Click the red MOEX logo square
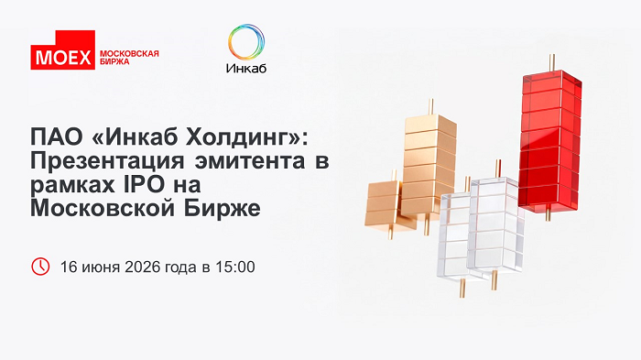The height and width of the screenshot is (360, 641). point(63,49)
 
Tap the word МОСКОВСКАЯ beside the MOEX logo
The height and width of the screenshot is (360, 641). point(129,54)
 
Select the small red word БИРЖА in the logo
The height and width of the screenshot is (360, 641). point(114,61)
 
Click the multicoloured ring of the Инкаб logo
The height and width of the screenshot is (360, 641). point(246,42)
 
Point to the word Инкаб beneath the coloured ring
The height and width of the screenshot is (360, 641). point(246,68)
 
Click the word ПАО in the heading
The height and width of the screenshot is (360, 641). point(57,137)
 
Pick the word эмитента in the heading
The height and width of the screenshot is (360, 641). point(249,161)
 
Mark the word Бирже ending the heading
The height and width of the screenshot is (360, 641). point(222,209)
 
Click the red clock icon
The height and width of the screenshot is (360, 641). point(40,267)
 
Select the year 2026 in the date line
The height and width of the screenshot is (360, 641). point(142,267)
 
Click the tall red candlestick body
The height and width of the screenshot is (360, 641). point(549,141)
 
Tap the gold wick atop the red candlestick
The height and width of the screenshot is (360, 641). point(552,62)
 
